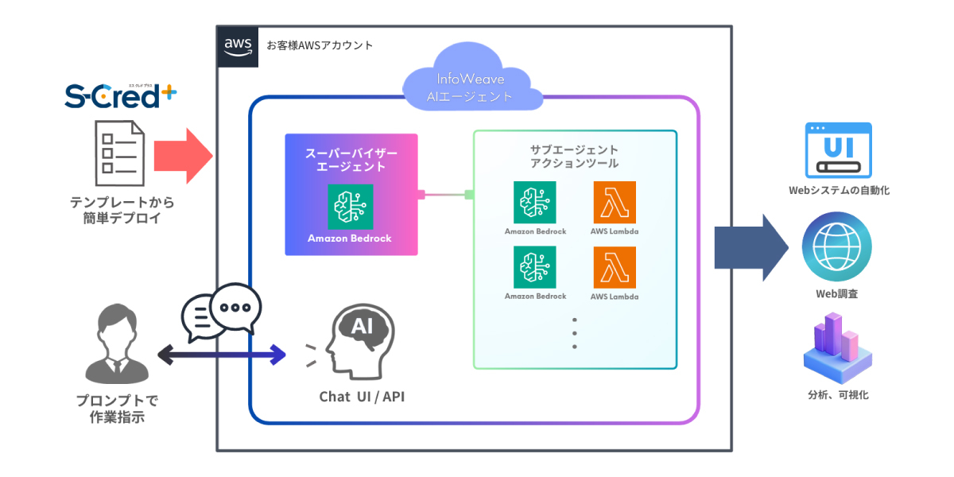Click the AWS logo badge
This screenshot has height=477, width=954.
(x=238, y=46)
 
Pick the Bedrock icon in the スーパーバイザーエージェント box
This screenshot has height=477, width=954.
(x=350, y=206)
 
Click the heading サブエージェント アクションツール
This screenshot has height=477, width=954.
(x=574, y=157)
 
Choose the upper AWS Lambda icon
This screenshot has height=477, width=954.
(x=615, y=203)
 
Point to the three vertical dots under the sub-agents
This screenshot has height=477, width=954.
(x=574, y=333)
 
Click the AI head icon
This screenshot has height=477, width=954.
(x=355, y=339)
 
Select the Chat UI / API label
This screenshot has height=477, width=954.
(x=362, y=396)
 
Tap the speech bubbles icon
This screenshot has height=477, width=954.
(x=220, y=311)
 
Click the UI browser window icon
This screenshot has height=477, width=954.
(x=838, y=149)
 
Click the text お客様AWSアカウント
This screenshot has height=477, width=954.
(x=320, y=45)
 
